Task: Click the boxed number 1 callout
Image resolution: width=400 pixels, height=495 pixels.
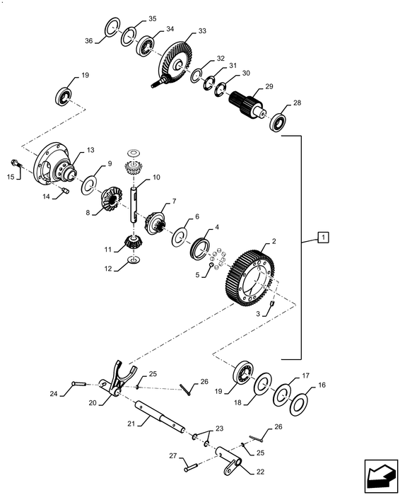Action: [x=322, y=238]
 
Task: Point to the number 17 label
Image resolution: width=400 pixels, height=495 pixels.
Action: [x=305, y=377]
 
